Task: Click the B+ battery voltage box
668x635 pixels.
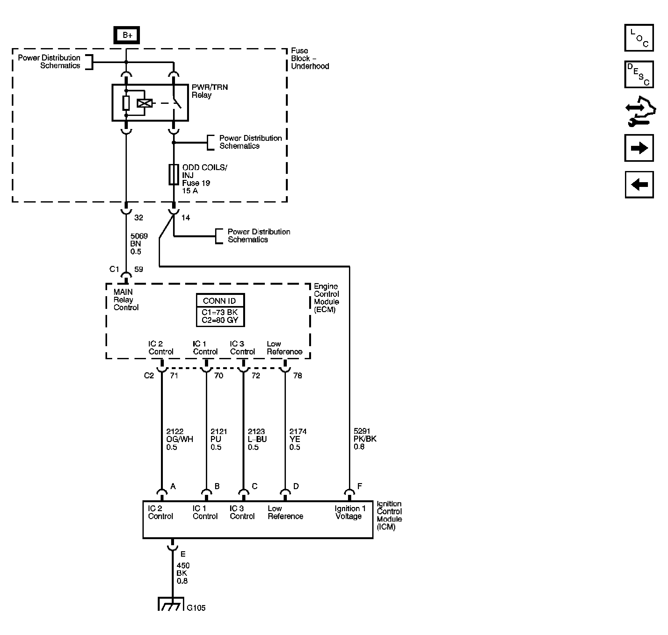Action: [x=126, y=35]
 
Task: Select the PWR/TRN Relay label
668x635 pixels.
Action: [x=210, y=91]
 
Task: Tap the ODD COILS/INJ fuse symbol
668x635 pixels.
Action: [x=174, y=175]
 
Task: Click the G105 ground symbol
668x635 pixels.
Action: [x=171, y=604]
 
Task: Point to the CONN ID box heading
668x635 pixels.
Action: [x=219, y=301]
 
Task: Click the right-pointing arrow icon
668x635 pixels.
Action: [x=639, y=148]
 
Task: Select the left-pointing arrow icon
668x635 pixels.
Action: [x=639, y=184]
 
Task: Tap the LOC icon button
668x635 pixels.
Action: [x=639, y=38]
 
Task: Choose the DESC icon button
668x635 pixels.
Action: [x=639, y=74]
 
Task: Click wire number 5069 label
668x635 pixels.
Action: [x=139, y=236]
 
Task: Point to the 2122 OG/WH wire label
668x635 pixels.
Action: [x=179, y=439]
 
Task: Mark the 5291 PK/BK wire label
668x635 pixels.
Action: [x=365, y=439]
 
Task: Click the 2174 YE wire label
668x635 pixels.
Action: [x=298, y=439]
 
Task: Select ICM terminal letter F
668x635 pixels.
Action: [x=360, y=486]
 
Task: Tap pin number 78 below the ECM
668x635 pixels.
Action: [x=297, y=375]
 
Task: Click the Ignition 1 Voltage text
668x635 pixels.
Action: [x=350, y=512]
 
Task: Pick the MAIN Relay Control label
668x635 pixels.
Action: [x=126, y=300]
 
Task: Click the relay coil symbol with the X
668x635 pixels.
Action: [x=145, y=103]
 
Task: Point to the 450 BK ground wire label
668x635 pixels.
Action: [x=183, y=573]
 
